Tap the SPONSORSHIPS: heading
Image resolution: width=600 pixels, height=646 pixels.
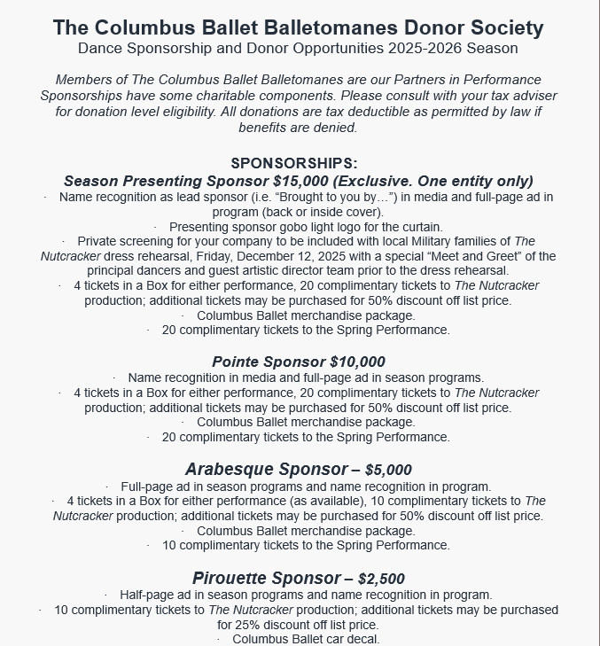click(x=294, y=163)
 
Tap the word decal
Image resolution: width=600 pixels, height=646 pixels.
click(x=362, y=639)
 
